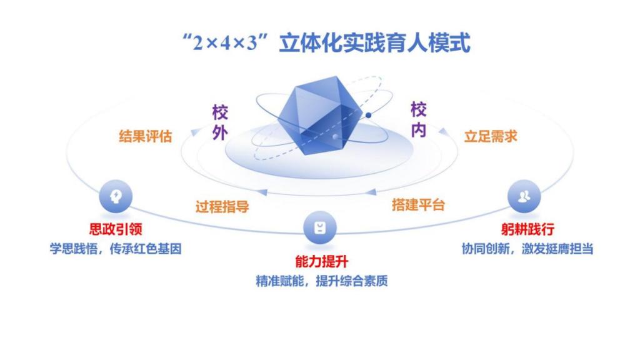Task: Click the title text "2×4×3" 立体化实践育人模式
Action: click(326, 42)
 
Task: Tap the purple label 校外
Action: click(220, 122)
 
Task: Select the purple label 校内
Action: click(418, 120)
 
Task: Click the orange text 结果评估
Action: click(145, 136)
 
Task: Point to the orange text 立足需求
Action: click(491, 136)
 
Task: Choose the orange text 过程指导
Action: click(222, 206)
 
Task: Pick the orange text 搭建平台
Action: click(418, 204)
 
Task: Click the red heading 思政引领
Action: click(116, 229)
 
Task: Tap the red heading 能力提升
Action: click(322, 262)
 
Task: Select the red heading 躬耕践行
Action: click(527, 229)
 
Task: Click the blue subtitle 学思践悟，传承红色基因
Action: click(116, 249)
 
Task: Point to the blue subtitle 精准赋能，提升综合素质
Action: click(322, 281)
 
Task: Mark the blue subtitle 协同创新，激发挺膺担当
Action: click(527, 249)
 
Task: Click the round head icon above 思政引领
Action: click(116, 196)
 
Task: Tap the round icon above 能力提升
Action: click(320, 227)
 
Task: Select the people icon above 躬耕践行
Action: click(524, 196)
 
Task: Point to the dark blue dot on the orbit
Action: click(368, 116)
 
